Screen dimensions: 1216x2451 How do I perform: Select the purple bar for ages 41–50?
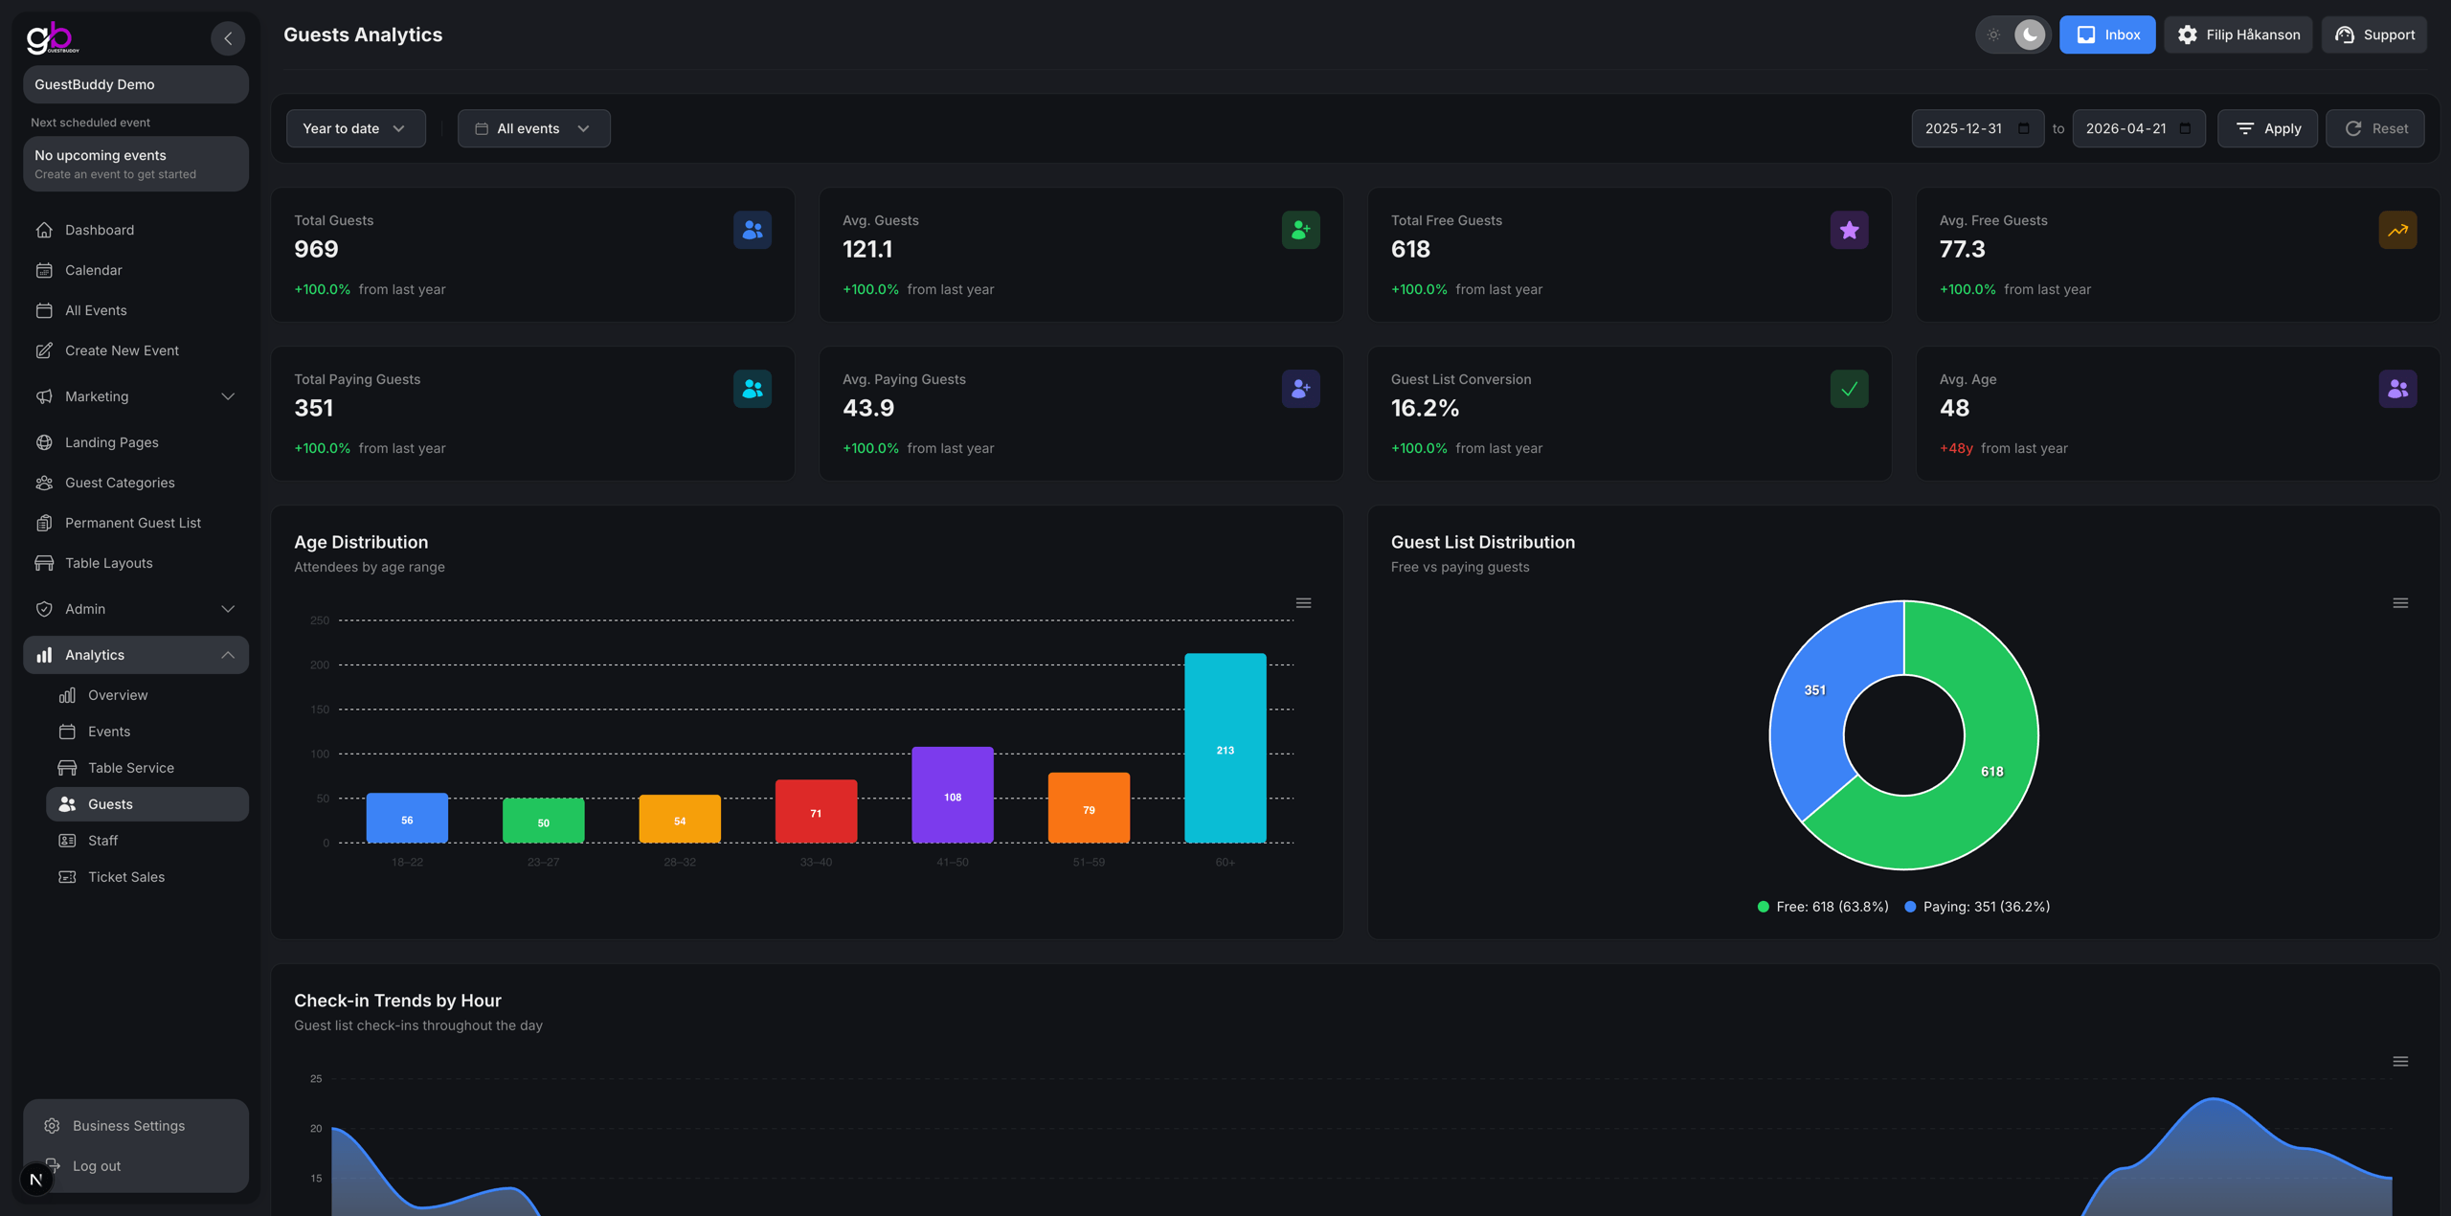click(x=952, y=795)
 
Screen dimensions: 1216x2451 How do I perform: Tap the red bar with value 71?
click(x=816, y=811)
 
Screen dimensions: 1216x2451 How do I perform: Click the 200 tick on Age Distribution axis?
click(x=320, y=664)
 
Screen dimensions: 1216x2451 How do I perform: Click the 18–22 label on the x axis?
click(x=407, y=863)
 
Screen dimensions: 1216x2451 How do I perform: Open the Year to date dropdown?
click(x=355, y=128)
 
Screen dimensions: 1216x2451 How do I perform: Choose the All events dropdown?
click(x=533, y=128)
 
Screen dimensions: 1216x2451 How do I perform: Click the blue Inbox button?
click(x=2106, y=34)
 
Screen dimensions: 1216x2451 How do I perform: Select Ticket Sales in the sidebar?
click(x=125, y=876)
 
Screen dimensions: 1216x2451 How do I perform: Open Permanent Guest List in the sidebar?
click(x=132, y=523)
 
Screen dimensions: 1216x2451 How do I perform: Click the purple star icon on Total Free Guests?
click(x=1848, y=230)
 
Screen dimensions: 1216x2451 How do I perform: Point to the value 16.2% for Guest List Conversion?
click(x=1425, y=408)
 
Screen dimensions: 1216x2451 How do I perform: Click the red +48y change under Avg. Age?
click(x=1955, y=448)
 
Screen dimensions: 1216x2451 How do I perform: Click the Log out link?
click(x=96, y=1165)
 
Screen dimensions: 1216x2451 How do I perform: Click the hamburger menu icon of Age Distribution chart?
click(x=1303, y=603)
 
